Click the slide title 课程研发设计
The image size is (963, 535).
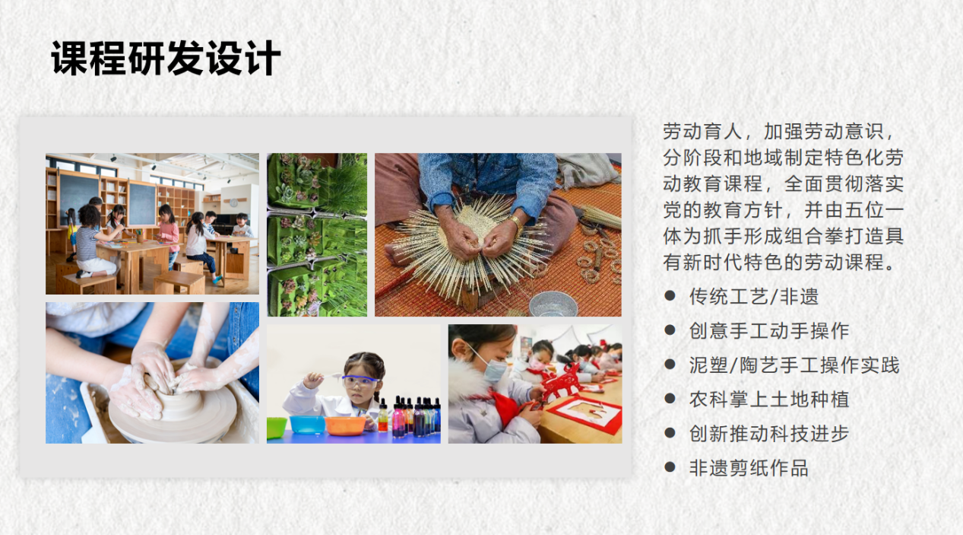coord(166,59)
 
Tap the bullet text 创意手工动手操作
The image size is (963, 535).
coord(768,331)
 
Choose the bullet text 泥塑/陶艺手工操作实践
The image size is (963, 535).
coord(794,365)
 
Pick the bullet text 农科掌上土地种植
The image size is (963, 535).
coord(768,400)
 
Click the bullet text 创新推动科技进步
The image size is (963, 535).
coord(768,434)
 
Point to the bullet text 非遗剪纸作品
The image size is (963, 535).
coord(749,468)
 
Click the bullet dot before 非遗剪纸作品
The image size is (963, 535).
coord(670,467)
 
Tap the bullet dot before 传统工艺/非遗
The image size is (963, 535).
coord(670,295)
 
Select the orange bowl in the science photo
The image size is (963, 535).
coord(345,425)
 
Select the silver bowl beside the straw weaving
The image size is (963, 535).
coord(553,304)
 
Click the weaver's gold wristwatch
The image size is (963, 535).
coord(516,223)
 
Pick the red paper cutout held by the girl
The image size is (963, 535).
coord(561,384)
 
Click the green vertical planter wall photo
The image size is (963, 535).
coord(316,234)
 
